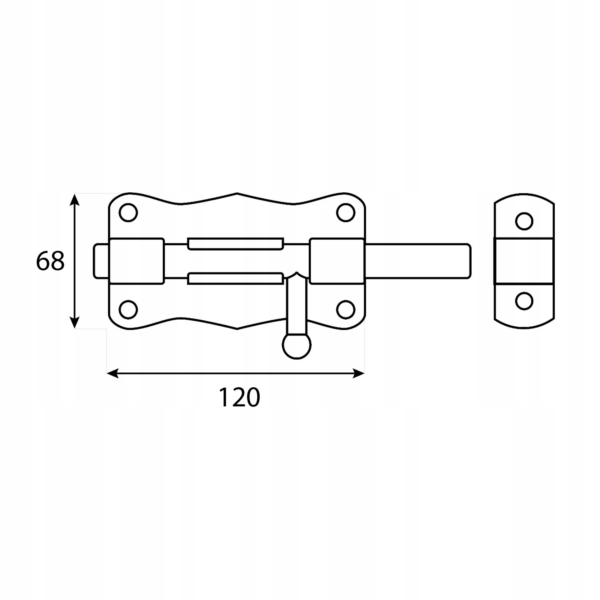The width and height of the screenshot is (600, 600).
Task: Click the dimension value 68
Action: [x=50, y=262]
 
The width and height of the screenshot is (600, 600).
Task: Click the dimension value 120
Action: [x=239, y=398]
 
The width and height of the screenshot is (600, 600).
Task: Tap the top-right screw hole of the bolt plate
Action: [x=346, y=212]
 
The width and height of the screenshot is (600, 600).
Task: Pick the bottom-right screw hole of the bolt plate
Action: [x=346, y=309]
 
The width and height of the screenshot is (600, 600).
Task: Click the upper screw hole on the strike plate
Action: [x=524, y=221]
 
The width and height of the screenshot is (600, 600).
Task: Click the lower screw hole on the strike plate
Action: [x=524, y=301]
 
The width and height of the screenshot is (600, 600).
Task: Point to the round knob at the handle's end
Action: [x=296, y=345]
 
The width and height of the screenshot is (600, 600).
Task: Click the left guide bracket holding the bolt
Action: [x=136, y=261]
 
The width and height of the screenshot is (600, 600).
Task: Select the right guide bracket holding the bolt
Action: [x=337, y=261]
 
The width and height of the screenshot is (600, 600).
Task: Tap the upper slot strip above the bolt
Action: [x=236, y=244]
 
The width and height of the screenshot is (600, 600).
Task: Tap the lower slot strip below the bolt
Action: [x=236, y=278]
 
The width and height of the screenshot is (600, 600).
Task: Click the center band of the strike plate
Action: [x=524, y=261]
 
